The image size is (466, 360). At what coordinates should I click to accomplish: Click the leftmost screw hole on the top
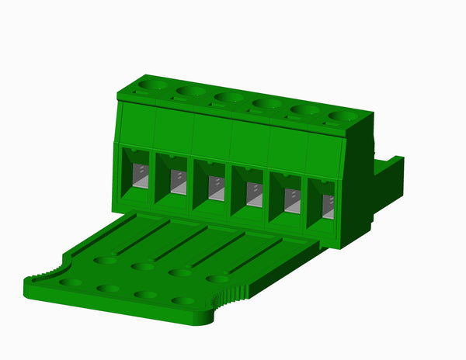[x=152, y=84]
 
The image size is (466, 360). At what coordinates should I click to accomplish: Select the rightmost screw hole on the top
[x=341, y=116]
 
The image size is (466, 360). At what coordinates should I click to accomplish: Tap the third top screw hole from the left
[x=228, y=97]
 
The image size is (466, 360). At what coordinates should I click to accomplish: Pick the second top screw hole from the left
[x=190, y=91]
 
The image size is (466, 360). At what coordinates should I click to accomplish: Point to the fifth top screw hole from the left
[x=304, y=110]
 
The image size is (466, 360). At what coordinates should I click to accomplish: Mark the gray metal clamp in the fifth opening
[x=290, y=201]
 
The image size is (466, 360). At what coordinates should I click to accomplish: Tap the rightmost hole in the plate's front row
[x=183, y=301]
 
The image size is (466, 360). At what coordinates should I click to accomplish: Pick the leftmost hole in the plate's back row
[x=105, y=261]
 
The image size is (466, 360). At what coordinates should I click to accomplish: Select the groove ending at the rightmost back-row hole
[x=252, y=255]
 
